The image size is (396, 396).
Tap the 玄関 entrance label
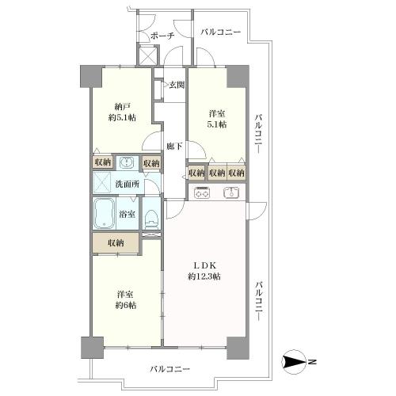176,85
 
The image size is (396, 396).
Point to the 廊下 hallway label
175,147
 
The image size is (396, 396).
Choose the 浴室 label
128,214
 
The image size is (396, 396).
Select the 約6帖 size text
122,305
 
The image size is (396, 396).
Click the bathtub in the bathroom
105,214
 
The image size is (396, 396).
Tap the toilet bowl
151,217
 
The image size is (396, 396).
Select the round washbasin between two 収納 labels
125,162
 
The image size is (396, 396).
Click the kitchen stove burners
201,191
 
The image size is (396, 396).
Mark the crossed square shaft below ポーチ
145,57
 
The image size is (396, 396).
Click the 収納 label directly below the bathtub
116,243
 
